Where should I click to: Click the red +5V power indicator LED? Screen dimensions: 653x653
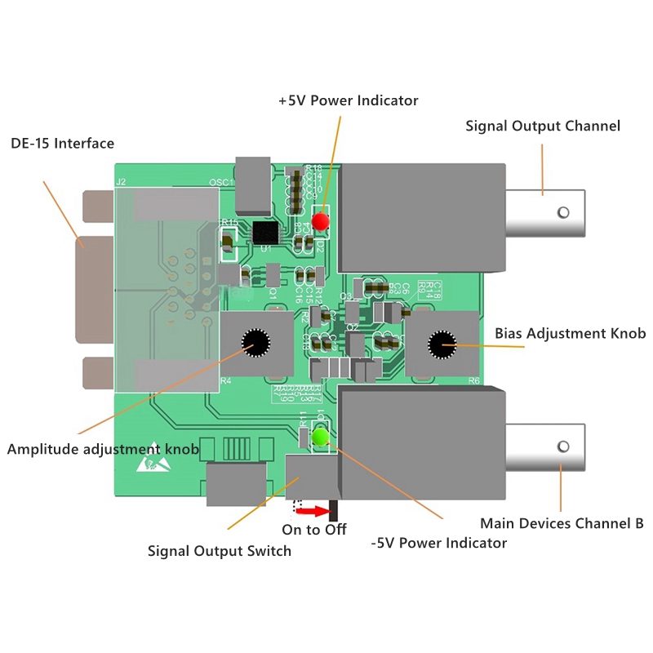(321, 220)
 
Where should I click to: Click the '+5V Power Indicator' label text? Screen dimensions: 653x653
(348, 100)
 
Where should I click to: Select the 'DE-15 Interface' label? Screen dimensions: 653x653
(62, 144)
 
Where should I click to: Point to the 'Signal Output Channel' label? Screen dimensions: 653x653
(543, 126)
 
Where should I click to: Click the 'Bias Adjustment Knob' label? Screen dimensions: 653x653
(570, 333)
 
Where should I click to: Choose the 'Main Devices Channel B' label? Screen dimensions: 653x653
(562, 523)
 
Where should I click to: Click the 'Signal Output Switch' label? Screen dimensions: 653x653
(219, 551)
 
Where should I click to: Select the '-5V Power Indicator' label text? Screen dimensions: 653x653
(438, 543)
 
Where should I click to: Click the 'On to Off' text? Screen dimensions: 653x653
(314, 530)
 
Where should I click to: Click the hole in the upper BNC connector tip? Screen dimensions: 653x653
(562, 213)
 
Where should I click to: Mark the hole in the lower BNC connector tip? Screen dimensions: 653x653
(562, 446)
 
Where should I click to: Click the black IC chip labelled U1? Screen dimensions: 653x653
(264, 233)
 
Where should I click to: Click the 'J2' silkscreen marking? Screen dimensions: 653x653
(122, 182)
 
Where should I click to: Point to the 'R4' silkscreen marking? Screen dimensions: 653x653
(226, 380)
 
